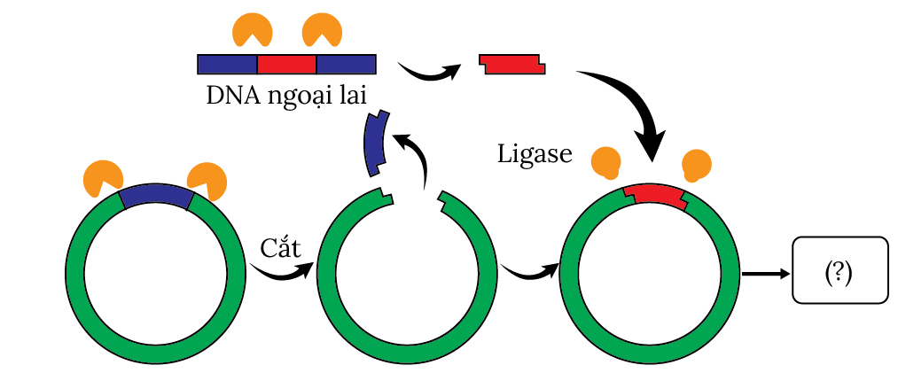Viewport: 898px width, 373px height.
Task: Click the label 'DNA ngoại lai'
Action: point(285,94)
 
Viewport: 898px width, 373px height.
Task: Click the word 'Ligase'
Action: point(534,156)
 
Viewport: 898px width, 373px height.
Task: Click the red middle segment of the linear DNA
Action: point(286,64)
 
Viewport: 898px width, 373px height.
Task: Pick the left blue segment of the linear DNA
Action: point(227,64)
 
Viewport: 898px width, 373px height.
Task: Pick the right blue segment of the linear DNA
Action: point(346,64)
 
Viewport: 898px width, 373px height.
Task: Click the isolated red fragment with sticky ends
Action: point(511,64)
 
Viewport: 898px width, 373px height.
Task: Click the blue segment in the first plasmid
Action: point(156,197)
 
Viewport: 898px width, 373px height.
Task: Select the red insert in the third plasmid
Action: point(653,194)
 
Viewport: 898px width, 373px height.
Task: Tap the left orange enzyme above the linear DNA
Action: point(252,29)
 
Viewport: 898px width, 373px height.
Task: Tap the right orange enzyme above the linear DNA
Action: point(322,29)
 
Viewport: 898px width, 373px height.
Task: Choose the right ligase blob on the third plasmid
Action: point(696,165)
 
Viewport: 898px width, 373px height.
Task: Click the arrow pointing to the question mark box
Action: point(764,274)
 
